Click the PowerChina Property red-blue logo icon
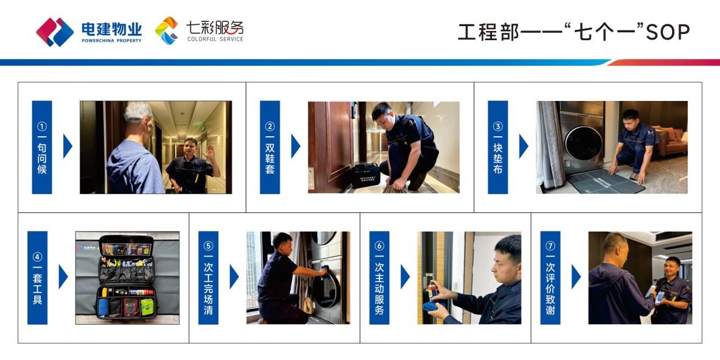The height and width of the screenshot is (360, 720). point(55,32)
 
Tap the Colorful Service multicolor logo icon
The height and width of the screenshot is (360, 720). point(167,31)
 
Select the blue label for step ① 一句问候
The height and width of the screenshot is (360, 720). point(42,147)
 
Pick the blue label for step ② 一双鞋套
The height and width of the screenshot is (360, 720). point(269,147)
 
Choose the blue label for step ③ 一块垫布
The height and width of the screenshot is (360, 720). point(498,147)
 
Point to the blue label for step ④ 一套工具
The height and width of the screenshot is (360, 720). point(37,277)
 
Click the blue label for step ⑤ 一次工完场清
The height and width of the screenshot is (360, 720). point(208,277)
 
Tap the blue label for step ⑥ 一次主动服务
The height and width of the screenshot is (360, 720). point(379,277)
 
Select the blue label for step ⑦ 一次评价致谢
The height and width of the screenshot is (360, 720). point(550,277)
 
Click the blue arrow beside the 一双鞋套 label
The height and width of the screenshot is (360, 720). point(296,146)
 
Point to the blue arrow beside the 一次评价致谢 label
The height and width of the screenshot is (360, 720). point(576,277)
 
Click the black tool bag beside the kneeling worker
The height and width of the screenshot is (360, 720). point(365,175)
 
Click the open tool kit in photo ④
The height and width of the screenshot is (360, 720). point(126,277)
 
